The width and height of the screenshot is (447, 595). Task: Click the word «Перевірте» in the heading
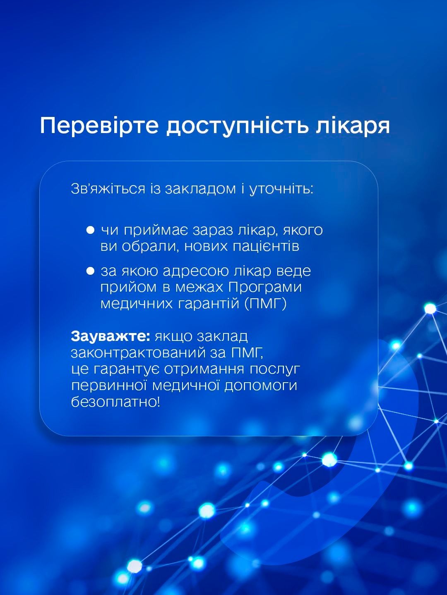tap(99, 125)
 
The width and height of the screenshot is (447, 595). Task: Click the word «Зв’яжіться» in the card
tap(108, 189)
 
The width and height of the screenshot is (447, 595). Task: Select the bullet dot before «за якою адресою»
tap(90, 271)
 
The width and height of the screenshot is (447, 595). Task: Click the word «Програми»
tap(265, 287)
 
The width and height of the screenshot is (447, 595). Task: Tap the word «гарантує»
tap(126, 370)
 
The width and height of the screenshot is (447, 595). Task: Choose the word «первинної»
tap(109, 386)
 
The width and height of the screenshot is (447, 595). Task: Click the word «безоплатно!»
tap(115, 402)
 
